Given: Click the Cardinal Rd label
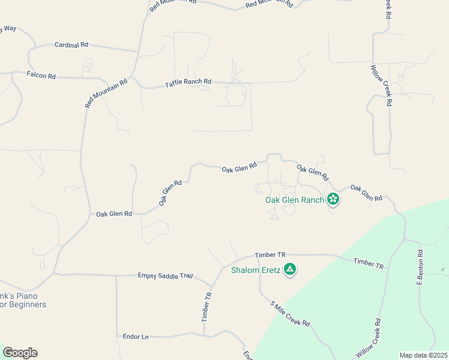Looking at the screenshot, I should tap(71, 45).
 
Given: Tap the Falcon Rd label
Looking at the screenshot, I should tap(41, 76).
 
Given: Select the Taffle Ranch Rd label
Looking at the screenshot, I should tap(188, 83).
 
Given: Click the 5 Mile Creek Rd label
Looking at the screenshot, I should tap(290, 313).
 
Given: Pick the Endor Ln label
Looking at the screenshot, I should tap(135, 337).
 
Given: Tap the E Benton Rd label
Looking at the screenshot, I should tap(421, 268).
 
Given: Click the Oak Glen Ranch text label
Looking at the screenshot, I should tap(295, 200).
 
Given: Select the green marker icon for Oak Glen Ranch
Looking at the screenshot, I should tap(333, 200).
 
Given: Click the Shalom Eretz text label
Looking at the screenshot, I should tap(256, 270).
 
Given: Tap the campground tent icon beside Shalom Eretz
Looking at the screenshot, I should tap(290, 270).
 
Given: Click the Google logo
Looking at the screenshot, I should tap(20, 353).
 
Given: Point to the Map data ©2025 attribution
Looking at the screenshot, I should tap(423, 355).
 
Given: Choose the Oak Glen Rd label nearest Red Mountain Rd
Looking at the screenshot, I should tap(113, 214).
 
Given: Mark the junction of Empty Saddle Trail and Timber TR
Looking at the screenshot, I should tap(211, 286).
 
